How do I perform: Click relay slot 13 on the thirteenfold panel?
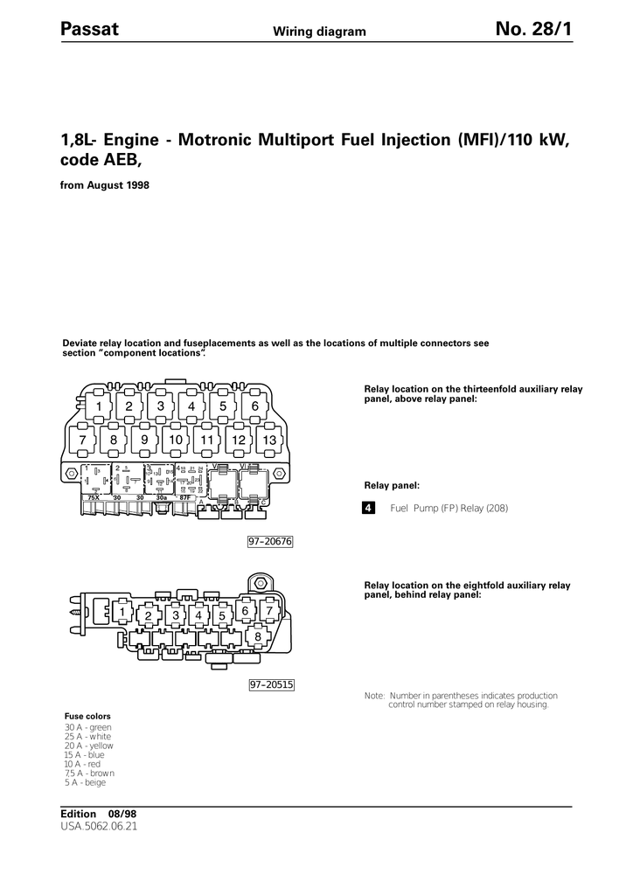[269, 440]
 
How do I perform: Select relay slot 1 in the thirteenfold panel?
[99, 406]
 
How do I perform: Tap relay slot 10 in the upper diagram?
[176, 440]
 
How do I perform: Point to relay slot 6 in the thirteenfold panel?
[254, 406]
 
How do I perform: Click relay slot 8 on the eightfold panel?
[258, 637]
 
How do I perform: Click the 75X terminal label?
[94, 497]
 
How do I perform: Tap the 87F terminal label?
[184, 497]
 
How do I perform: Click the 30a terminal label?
[162, 497]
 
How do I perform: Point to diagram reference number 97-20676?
[269, 542]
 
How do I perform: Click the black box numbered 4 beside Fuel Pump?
[369, 508]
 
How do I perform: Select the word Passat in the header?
[90, 31]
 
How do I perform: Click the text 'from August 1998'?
[104, 186]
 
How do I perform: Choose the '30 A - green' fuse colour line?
[88, 727]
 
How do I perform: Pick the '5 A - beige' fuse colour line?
[85, 782]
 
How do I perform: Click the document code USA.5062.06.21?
[100, 825]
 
